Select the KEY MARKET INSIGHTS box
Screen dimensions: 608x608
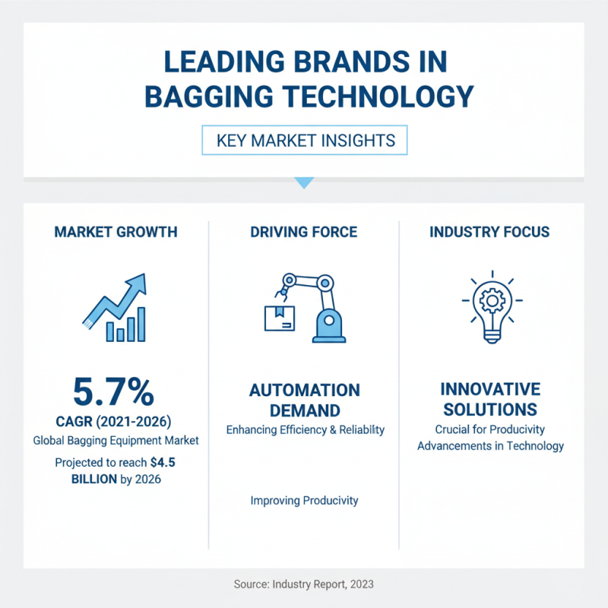[304, 141]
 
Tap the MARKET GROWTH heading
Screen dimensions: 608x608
[116, 232]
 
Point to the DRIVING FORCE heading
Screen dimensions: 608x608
[304, 232]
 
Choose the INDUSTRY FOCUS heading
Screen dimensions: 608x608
[491, 232]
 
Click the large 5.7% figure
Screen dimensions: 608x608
[113, 392]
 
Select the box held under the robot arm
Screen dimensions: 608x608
[279, 318]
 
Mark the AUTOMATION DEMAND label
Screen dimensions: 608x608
[304, 400]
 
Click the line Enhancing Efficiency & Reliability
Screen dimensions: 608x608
[305, 430]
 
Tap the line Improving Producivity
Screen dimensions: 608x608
[304, 501]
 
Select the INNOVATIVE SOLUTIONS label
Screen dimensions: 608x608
[490, 400]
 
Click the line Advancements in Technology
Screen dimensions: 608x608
[490, 445]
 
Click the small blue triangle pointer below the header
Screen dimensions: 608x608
[304, 182]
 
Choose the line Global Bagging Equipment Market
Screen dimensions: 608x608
[114, 441]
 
